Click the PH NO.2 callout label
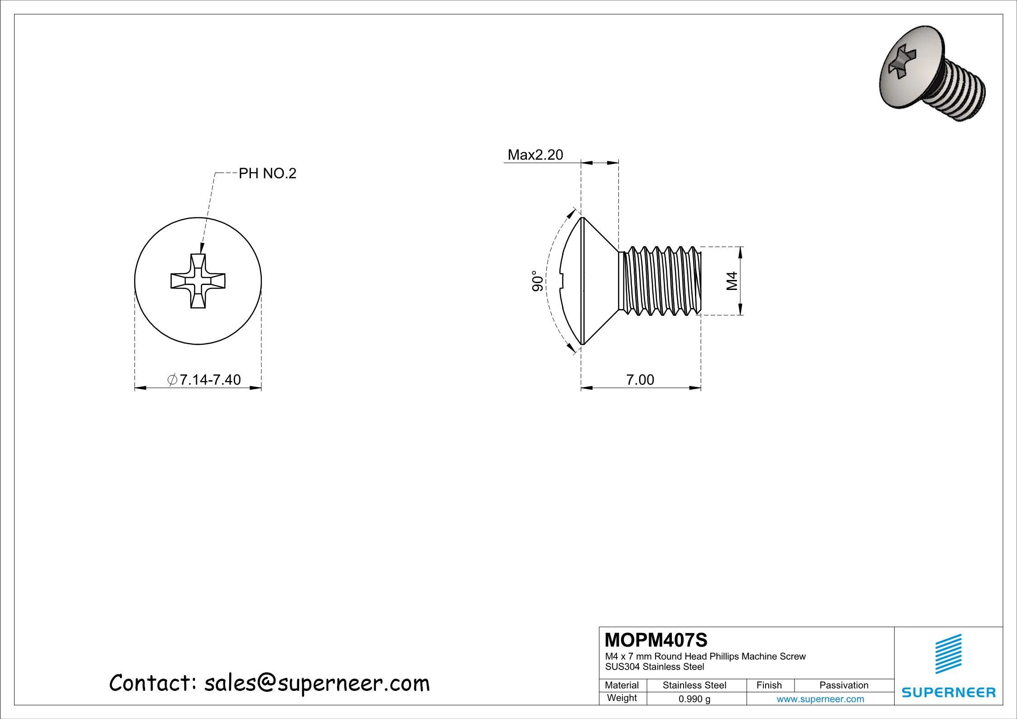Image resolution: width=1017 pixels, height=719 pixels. [x=267, y=174]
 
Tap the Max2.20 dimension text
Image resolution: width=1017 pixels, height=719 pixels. [x=535, y=155]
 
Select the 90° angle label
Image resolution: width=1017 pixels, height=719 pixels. [x=537, y=281]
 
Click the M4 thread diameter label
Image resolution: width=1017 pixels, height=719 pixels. [x=732, y=281]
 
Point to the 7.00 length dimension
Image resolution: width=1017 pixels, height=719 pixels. [x=640, y=380]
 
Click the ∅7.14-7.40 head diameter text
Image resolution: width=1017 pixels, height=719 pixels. [x=204, y=380]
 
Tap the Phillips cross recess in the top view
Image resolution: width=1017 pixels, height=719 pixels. [x=198, y=281]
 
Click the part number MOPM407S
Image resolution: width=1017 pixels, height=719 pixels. [x=656, y=640]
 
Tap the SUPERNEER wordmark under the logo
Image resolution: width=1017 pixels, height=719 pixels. [x=948, y=693]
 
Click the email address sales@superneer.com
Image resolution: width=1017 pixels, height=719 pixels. [x=317, y=683]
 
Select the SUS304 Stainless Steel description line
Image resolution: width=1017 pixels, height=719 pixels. [x=655, y=667]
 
